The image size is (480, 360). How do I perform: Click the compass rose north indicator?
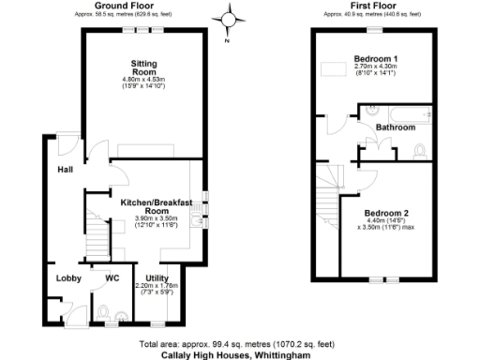pyautogui.click(x=229, y=19)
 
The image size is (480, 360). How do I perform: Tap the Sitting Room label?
pyautogui.click(x=143, y=67)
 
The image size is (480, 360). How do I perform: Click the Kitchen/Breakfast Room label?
pyautogui.click(x=157, y=207)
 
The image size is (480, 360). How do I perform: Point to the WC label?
pyautogui.click(x=112, y=278)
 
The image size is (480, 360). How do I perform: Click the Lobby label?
pyautogui.click(x=68, y=278)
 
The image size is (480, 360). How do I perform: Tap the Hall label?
pyautogui.click(x=65, y=170)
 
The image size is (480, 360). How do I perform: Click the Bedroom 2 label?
pyautogui.click(x=387, y=212)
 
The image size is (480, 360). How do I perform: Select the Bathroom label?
pyautogui.click(x=396, y=127)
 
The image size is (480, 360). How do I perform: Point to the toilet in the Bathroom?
pyautogui.click(x=419, y=150)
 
